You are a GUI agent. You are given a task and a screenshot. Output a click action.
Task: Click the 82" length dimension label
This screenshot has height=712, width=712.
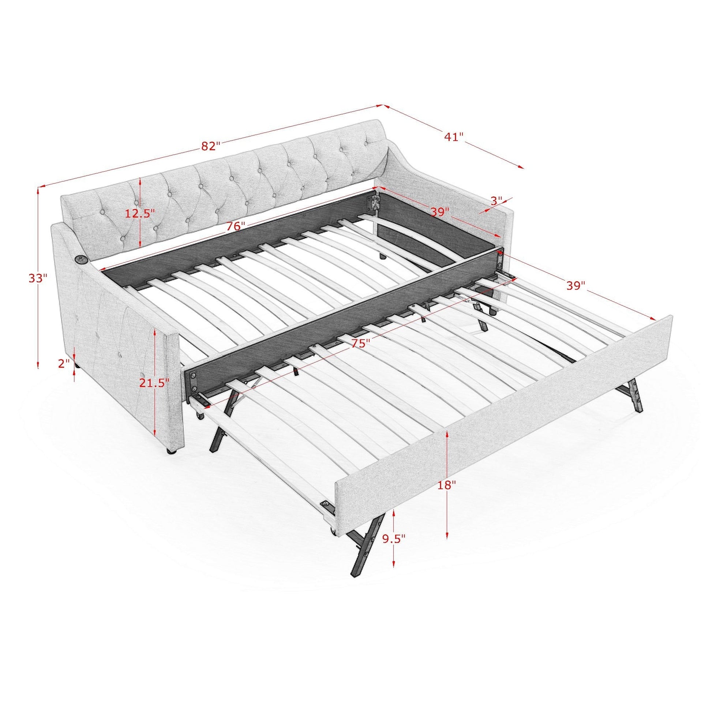coord(210,146)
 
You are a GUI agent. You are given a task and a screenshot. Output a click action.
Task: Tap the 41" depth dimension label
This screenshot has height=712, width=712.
coord(453,137)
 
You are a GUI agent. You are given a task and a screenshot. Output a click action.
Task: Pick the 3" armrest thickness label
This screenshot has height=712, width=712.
coord(496,201)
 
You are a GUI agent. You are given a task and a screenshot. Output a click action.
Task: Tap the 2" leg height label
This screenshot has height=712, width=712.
coord(64,363)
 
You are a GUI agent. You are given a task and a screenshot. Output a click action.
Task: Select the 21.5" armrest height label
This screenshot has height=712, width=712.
coord(154,383)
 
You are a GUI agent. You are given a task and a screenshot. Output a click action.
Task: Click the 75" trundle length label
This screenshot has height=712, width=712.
coord(360,343)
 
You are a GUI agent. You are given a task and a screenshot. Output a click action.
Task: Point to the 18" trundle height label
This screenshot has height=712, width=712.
coord(447,485)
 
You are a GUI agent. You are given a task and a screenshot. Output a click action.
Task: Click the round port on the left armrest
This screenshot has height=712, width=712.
coord(82,260)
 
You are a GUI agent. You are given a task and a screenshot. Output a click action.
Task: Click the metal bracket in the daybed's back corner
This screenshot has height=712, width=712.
coord(375,204)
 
